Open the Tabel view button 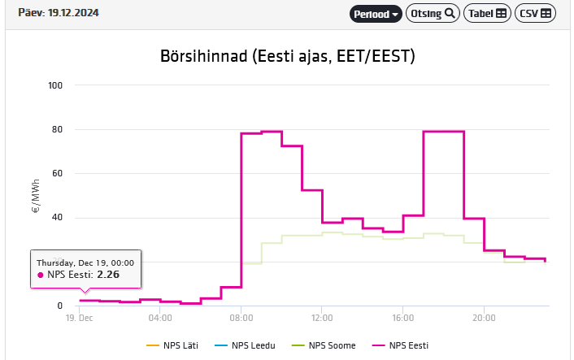click(487, 14)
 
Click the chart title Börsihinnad click(288, 56)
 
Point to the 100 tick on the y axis click(56, 85)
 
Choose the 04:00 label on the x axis click(160, 318)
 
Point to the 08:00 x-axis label click(241, 318)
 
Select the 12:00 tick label click(322, 318)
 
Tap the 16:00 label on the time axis click(403, 318)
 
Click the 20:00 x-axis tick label click(484, 318)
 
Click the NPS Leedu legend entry click(253, 345)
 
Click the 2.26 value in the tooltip click(108, 275)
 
